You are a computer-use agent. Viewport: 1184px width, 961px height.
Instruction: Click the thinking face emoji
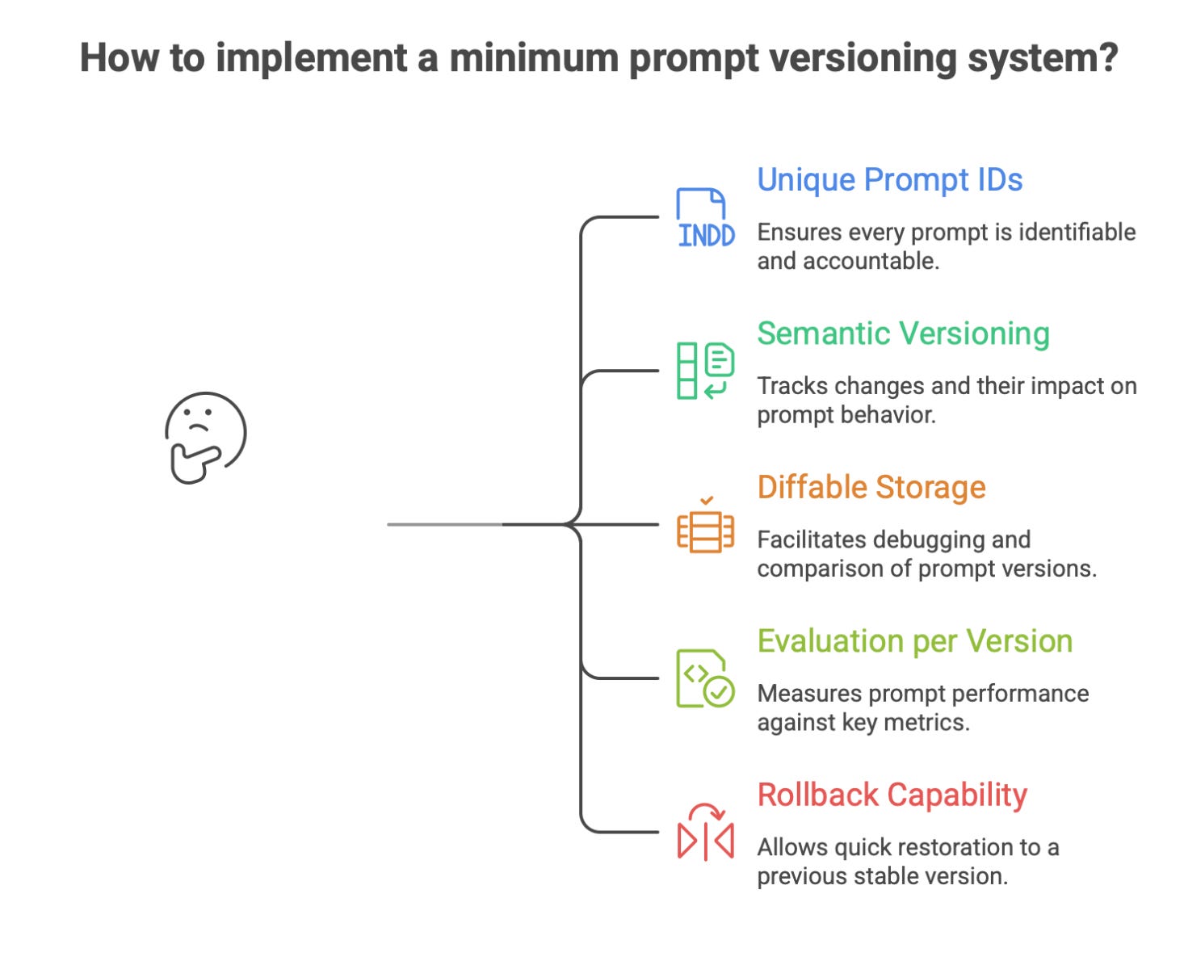click(x=205, y=437)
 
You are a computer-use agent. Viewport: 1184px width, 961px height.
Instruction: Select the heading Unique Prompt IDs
click(x=889, y=180)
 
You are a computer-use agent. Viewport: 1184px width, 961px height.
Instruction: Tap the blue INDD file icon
click(x=705, y=218)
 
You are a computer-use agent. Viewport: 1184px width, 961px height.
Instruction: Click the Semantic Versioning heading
click(x=903, y=334)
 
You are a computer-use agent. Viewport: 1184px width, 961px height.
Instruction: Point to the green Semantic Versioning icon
click(x=705, y=371)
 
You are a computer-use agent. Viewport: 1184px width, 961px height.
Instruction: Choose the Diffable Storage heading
click(x=871, y=488)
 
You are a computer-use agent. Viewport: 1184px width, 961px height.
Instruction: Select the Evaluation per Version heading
click(x=914, y=641)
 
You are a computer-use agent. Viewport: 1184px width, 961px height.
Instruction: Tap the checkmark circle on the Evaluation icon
click(x=718, y=692)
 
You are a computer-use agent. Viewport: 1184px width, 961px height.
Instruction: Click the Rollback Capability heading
click(x=892, y=795)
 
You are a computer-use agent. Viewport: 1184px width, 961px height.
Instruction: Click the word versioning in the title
click(x=849, y=59)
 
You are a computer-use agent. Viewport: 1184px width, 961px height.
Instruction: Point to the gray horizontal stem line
click(x=444, y=525)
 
